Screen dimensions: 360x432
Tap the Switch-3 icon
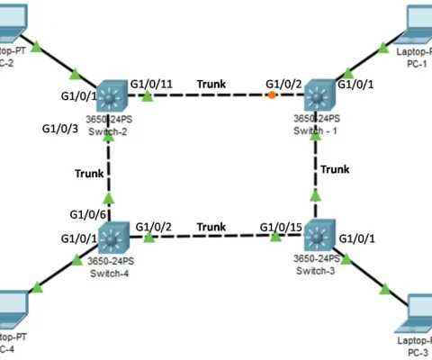[317, 238]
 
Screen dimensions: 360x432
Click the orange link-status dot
[272, 94]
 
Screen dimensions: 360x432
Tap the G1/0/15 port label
[280, 226]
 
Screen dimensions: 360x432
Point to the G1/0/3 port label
[60, 129]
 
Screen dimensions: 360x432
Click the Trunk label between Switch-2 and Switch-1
[211, 84]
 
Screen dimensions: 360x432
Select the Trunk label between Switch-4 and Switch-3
[211, 227]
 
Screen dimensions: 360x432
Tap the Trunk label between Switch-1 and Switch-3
[335, 168]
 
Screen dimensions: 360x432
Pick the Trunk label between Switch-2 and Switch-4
[89, 173]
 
